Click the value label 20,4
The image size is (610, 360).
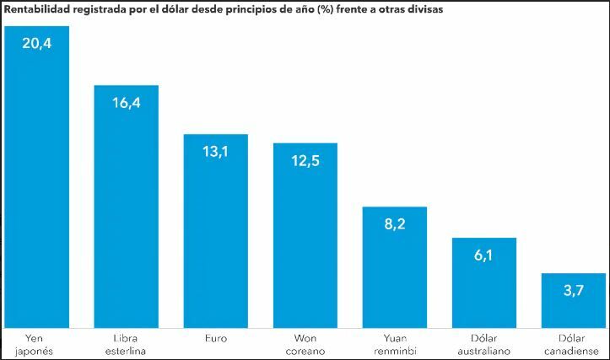tap(36, 44)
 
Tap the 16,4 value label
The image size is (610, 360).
tap(126, 103)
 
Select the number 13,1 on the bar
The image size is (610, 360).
tap(215, 152)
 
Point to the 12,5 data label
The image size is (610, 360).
tap(305, 161)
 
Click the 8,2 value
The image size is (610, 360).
tap(394, 224)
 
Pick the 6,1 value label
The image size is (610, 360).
tap(483, 255)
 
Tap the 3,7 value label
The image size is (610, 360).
tap(573, 291)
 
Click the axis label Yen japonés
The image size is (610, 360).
tap(36, 344)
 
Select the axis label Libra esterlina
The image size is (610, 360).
tap(126, 344)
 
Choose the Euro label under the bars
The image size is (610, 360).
tap(215, 338)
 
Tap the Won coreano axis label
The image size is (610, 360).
tap(305, 344)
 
